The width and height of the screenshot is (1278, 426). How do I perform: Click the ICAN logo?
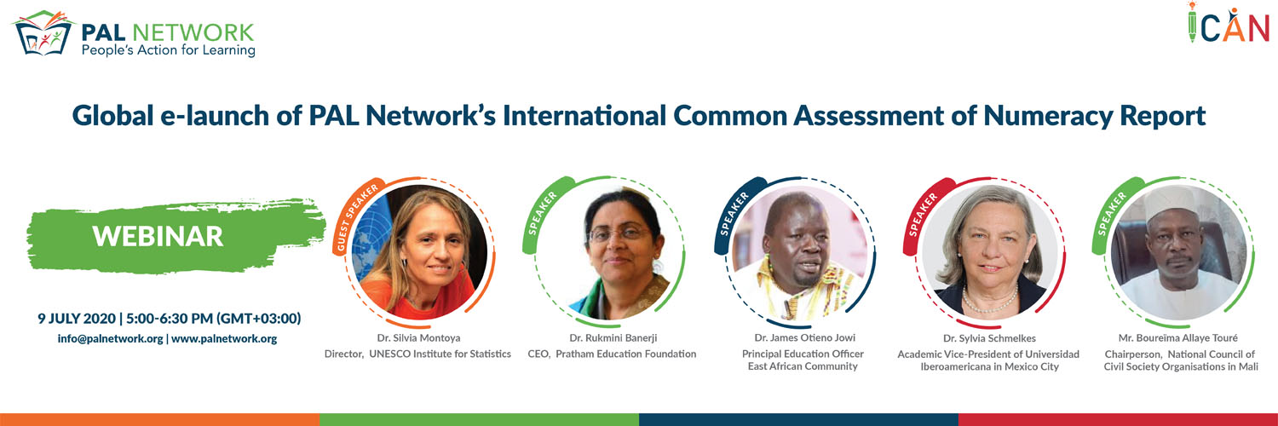tap(1228, 23)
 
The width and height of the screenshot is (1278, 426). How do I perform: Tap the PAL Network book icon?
tap(44, 33)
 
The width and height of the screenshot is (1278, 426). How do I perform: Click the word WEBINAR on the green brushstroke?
tap(158, 236)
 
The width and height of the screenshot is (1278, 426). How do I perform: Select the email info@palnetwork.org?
tap(110, 338)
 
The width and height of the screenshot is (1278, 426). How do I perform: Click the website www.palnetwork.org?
tap(224, 338)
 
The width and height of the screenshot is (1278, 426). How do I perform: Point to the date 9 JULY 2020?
tap(77, 318)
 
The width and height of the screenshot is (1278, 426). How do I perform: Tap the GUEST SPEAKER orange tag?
tap(356, 216)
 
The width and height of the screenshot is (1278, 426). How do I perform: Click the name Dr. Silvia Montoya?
tap(418, 337)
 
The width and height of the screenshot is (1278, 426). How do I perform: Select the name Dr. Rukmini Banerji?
tap(613, 337)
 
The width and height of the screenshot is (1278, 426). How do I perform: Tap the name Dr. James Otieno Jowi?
tap(804, 337)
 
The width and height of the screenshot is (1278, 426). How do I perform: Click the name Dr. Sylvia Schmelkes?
tap(989, 338)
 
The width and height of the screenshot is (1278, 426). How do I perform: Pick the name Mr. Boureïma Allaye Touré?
tap(1178, 337)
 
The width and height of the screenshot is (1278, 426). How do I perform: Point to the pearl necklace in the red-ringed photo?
tap(990, 301)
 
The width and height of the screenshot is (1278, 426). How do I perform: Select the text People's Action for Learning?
tap(169, 51)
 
